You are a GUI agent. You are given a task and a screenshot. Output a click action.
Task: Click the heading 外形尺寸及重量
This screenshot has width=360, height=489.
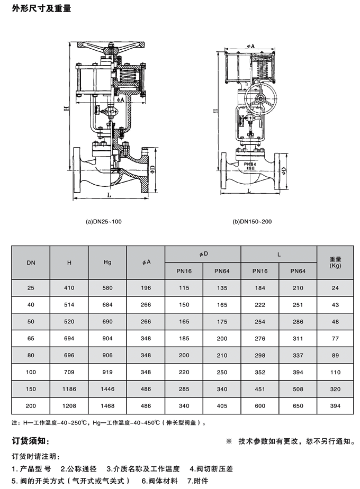(41, 8)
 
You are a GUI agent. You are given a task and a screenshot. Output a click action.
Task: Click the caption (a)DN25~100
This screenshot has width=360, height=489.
(104, 222)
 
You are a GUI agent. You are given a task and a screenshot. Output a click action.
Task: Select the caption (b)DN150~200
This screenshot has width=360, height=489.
(253, 222)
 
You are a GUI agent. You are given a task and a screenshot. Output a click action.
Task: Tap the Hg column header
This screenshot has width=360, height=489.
(107, 262)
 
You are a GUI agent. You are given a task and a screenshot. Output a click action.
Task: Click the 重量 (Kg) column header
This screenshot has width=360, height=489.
(335, 262)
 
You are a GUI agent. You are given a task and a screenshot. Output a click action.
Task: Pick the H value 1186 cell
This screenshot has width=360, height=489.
(69, 389)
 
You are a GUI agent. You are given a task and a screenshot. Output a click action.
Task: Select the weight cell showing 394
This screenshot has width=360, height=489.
(335, 406)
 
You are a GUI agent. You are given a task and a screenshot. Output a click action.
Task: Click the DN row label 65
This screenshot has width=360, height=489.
(31, 338)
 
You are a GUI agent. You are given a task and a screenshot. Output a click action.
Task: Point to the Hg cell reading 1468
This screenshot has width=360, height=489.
(107, 406)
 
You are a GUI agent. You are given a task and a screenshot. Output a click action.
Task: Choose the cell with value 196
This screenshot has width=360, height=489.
(146, 288)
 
